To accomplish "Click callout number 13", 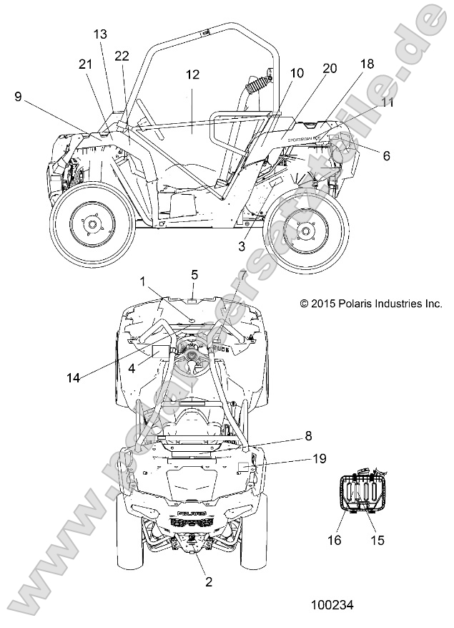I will click(x=100, y=34).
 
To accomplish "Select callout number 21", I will click(x=86, y=64).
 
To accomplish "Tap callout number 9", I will click(x=18, y=95).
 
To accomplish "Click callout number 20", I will click(x=330, y=68).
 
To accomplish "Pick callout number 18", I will click(x=367, y=64).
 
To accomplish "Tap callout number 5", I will click(x=194, y=274).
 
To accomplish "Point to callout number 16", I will click(x=355, y=540).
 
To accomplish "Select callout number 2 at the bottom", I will click(x=209, y=582).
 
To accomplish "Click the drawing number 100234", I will click(x=332, y=605).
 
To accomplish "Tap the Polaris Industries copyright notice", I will click(x=370, y=304).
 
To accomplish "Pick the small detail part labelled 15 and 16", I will click(x=364, y=493).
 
